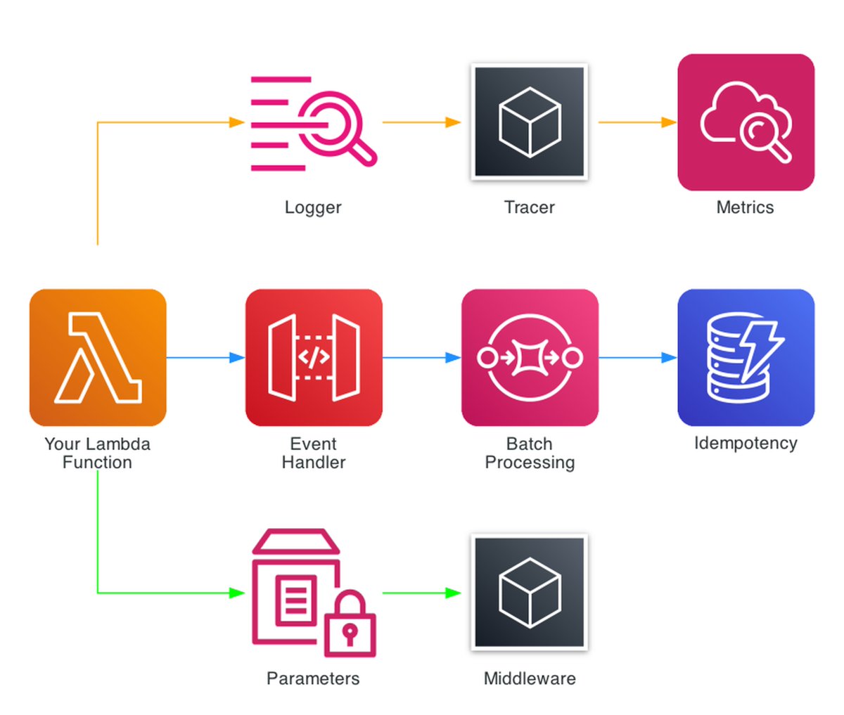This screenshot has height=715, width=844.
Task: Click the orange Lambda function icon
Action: pos(98,357)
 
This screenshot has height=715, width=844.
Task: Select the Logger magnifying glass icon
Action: pos(314,123)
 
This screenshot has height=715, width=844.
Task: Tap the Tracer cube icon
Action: pos(530,122)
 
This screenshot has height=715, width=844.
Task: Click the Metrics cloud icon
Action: pos(746,122)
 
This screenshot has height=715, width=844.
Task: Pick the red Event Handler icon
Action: pos(314,357)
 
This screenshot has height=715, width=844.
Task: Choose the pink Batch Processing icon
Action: pos(530,357)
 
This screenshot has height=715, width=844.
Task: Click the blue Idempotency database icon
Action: pos(746,357)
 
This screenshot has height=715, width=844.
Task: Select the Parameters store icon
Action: pos(314,593)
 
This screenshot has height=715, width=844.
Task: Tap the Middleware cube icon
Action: pos(530,593)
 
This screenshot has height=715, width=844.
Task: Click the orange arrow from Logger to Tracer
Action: pos(421,122)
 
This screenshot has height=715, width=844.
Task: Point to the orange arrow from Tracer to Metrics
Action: pos(637,122)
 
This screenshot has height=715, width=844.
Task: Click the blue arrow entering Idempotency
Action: pos(637,358)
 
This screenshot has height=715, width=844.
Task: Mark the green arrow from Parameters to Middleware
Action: pos(421,593)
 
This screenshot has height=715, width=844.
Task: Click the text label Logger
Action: pos(313,207)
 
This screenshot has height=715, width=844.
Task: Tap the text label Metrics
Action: pos(745,207)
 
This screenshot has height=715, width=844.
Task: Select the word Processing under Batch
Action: pos(530,463)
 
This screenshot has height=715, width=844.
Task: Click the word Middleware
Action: pos(530,678)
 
